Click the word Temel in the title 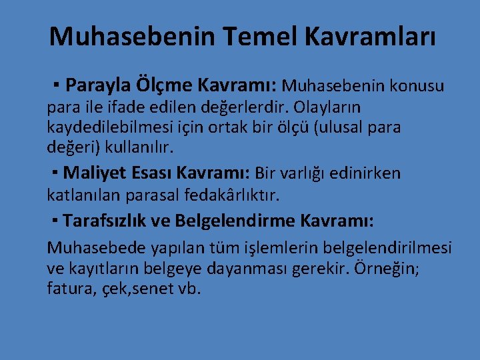pos(269,37)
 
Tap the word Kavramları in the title pos(378,37)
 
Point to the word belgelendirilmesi pos(387,248)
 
